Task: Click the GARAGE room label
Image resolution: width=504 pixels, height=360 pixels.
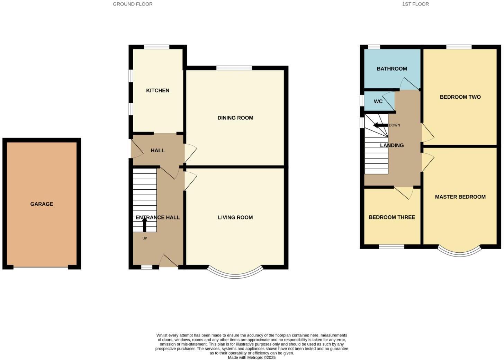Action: click(x=42, y=204)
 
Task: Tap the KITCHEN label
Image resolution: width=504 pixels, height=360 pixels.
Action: click(x=157, y=90)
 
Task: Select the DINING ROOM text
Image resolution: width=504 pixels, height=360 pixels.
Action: click(x=235, y=118)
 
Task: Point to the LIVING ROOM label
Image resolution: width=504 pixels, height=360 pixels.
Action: click(x=235, y=217)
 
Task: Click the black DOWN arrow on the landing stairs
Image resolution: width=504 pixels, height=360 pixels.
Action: click(x=380, y=125)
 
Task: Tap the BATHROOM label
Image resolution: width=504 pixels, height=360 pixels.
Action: click(x=391, y=69)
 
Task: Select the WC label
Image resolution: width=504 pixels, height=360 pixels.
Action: click(x=378, y=101)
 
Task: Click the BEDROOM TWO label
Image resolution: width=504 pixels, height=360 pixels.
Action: click(x=460, y=97)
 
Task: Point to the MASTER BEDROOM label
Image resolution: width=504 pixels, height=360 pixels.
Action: click(x=460, y=197)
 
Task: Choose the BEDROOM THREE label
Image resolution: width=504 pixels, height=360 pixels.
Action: click(x=391, y=217)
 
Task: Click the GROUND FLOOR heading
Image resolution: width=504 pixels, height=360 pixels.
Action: click(x=133, y=4)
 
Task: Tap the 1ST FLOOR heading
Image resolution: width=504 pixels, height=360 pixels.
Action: click(x=415, y=4)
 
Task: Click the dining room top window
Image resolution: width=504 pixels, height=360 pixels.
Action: click(x=234, y=68)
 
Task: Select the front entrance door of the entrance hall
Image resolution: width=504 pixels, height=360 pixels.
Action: click(x=168, y=262)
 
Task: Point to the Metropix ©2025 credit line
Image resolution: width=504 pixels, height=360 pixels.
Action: click(x=252, y=358)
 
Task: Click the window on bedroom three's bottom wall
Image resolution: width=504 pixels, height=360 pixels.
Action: click(x=391, y=247)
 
